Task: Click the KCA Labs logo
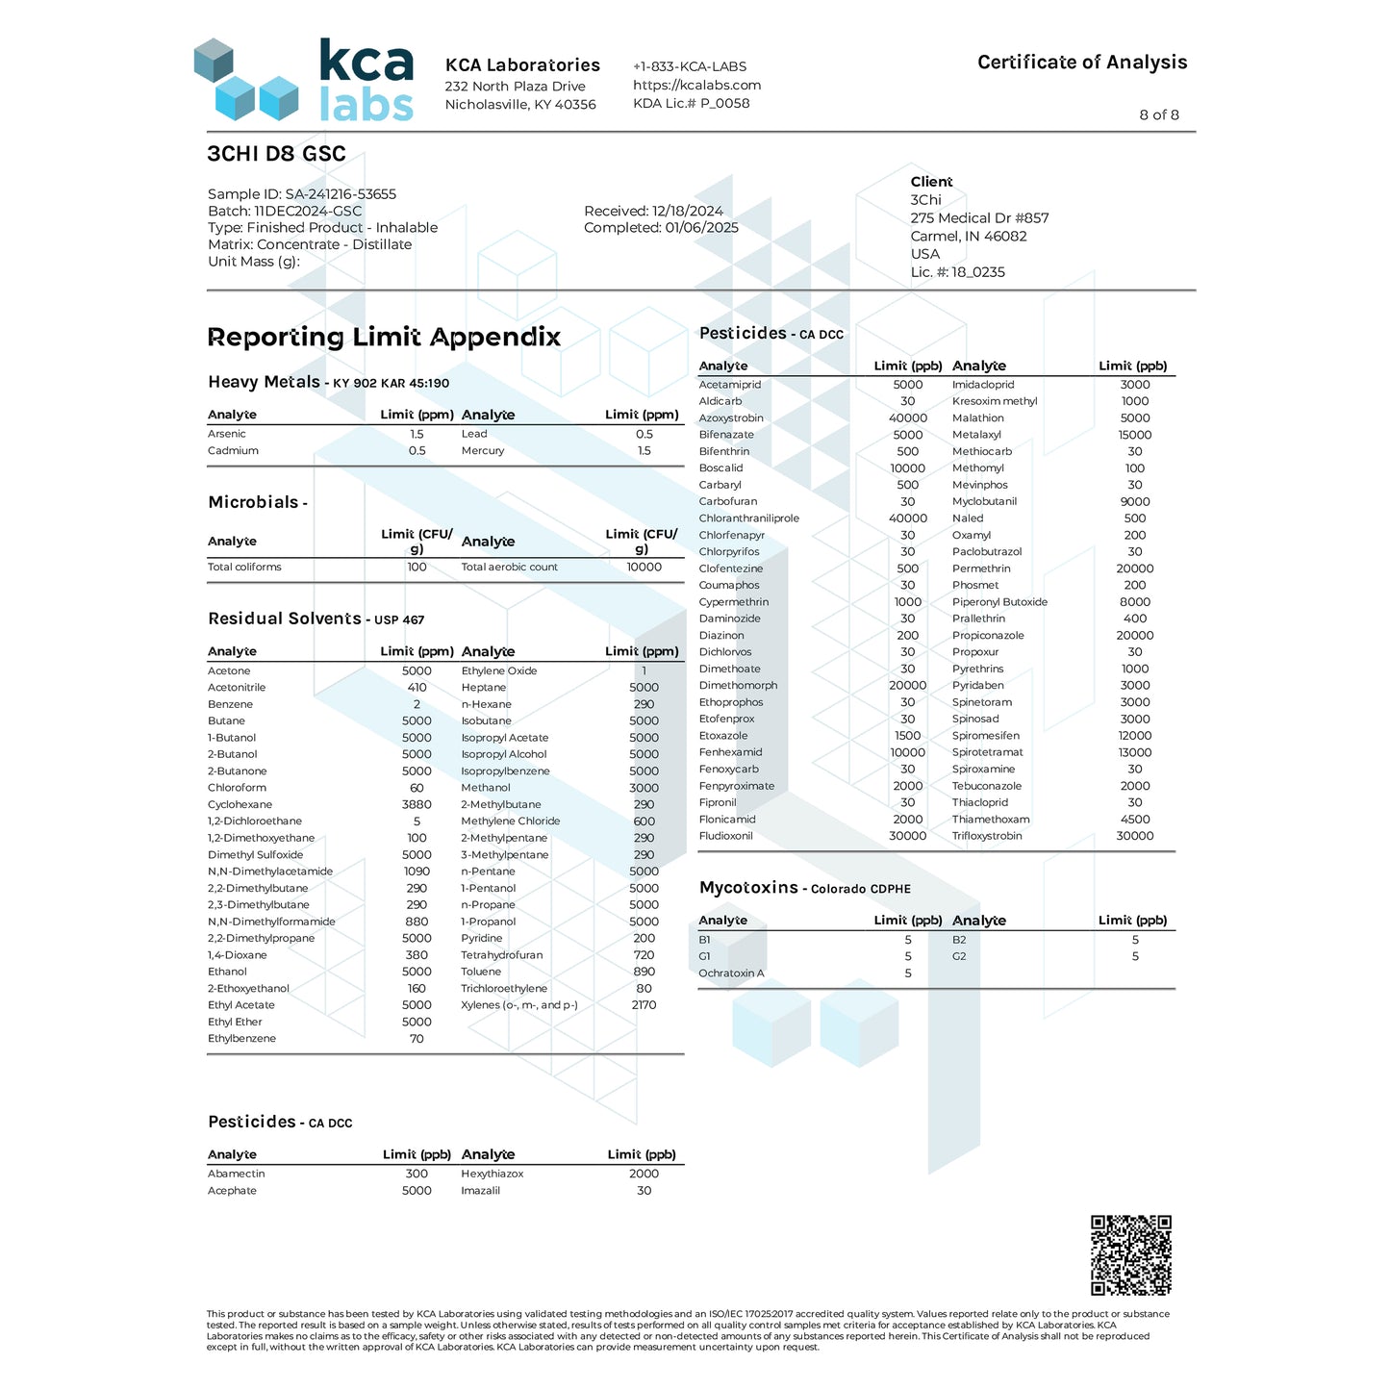304,80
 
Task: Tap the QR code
1130,1255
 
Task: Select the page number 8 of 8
1158,114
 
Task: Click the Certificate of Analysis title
1081,63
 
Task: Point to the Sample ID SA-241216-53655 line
302,194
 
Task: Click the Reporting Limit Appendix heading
384,337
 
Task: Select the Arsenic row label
227,434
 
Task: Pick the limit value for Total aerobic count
644,568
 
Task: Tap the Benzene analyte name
230,704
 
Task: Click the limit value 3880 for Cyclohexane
417,804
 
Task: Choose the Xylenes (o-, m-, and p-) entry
519,1005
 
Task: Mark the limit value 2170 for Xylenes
644,1005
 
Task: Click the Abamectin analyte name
237,1174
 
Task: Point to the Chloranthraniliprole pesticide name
749,518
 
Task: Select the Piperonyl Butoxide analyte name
999,602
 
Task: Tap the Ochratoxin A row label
731,973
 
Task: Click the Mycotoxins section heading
748,888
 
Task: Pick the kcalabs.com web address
696,85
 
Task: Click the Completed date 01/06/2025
661,228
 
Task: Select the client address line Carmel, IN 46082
969,237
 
